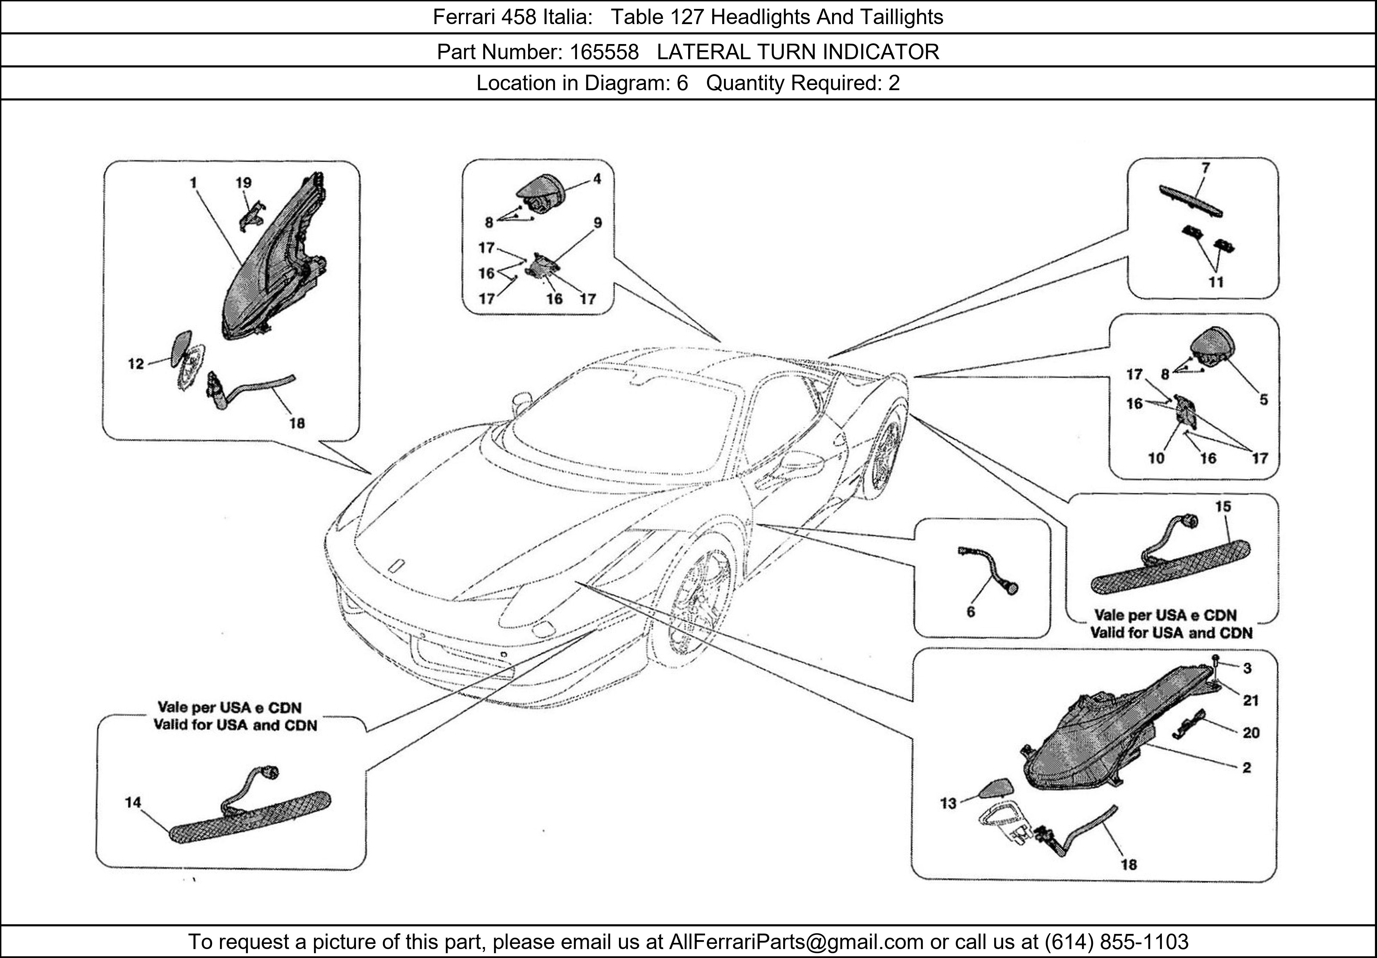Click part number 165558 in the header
click(604, 52)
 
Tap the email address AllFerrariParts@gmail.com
click(796, 942)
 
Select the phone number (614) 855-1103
click(1116, 942)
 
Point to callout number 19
click(243, 183)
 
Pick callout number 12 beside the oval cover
click(136, 364)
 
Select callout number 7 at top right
click(1205, 168)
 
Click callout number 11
click(1216, 282)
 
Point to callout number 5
click(1264, 400)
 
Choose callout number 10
click(1156, 458)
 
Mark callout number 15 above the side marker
click(1223, 507)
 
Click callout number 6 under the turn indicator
click(970, 611)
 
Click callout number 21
click(1250, 700)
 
